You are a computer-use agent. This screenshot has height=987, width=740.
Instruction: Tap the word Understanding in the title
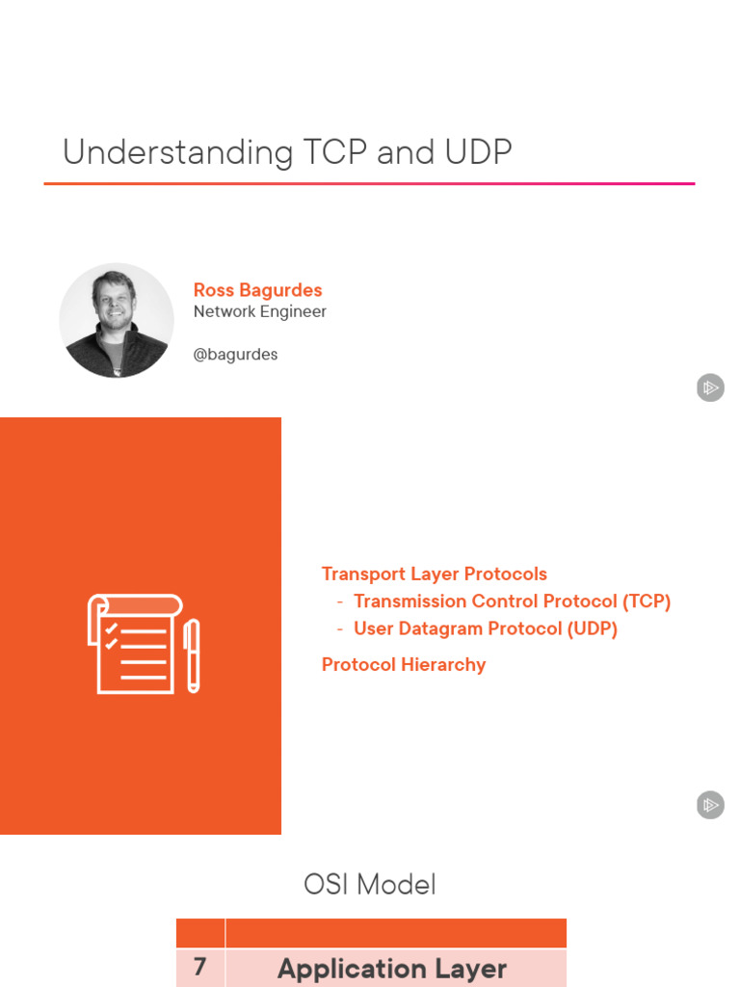(x=178, y=152)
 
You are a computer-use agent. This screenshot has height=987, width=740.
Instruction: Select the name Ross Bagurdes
(x=257, y=290)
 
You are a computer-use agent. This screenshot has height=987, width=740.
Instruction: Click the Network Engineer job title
(x=259, y=311)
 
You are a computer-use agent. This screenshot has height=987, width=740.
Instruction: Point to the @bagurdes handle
(x=235, y=354)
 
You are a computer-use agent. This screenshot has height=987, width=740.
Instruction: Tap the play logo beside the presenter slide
(x=710, y=388)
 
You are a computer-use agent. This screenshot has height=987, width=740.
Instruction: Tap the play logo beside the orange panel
(x=710, y=805)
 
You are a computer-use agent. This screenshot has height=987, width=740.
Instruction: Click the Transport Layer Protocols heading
(x=434, y=574)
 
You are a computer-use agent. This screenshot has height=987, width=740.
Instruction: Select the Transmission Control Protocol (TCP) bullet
(x=512, y=600)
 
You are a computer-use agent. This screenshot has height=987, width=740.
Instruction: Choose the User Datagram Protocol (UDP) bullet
(x=485, y=628)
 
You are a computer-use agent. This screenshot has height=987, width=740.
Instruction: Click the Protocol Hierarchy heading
(x=403, y=664)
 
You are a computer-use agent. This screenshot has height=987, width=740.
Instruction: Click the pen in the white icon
(x=192, y=655)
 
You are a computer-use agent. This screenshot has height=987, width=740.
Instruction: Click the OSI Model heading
(x=370, y=884)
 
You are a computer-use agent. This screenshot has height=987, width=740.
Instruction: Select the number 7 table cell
(x=199, y=968)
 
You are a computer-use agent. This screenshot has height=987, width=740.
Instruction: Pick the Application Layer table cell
(x=392, y=969)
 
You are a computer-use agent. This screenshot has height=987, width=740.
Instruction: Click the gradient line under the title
(x=369, y=183)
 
